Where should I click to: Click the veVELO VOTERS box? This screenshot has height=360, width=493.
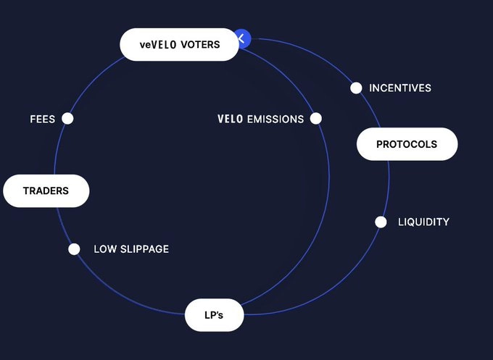(x=179, y=44)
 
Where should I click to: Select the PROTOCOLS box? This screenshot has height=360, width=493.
(x=407, y=144)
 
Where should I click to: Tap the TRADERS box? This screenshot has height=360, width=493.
(x=46, y=191)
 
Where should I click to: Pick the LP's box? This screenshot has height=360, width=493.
(x=214, y=315)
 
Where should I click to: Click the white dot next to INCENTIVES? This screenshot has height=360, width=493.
(x=356, y=88)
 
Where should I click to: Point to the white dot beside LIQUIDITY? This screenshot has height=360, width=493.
(x=381, y=222)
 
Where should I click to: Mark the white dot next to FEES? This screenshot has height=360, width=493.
(x=67, y=118)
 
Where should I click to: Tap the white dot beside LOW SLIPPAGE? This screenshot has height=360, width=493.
(x=74, y=249)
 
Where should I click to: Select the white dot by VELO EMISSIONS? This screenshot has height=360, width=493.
(x=316, y=118)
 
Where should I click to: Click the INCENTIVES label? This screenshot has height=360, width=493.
(x=400, y=88)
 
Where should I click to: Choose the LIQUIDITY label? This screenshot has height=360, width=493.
(x=423, y=222)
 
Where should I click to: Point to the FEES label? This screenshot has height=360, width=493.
(x=42, y=119)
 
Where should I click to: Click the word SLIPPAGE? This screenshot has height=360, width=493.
(x=144, y=249)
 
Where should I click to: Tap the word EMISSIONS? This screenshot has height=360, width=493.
(x=275, y=119)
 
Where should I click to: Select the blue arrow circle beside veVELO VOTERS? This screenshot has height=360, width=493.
(x=243, y=38)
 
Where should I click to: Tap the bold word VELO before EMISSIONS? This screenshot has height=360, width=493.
(x=231, y=119)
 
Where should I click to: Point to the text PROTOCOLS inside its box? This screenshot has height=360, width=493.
(x=407, y=144)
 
